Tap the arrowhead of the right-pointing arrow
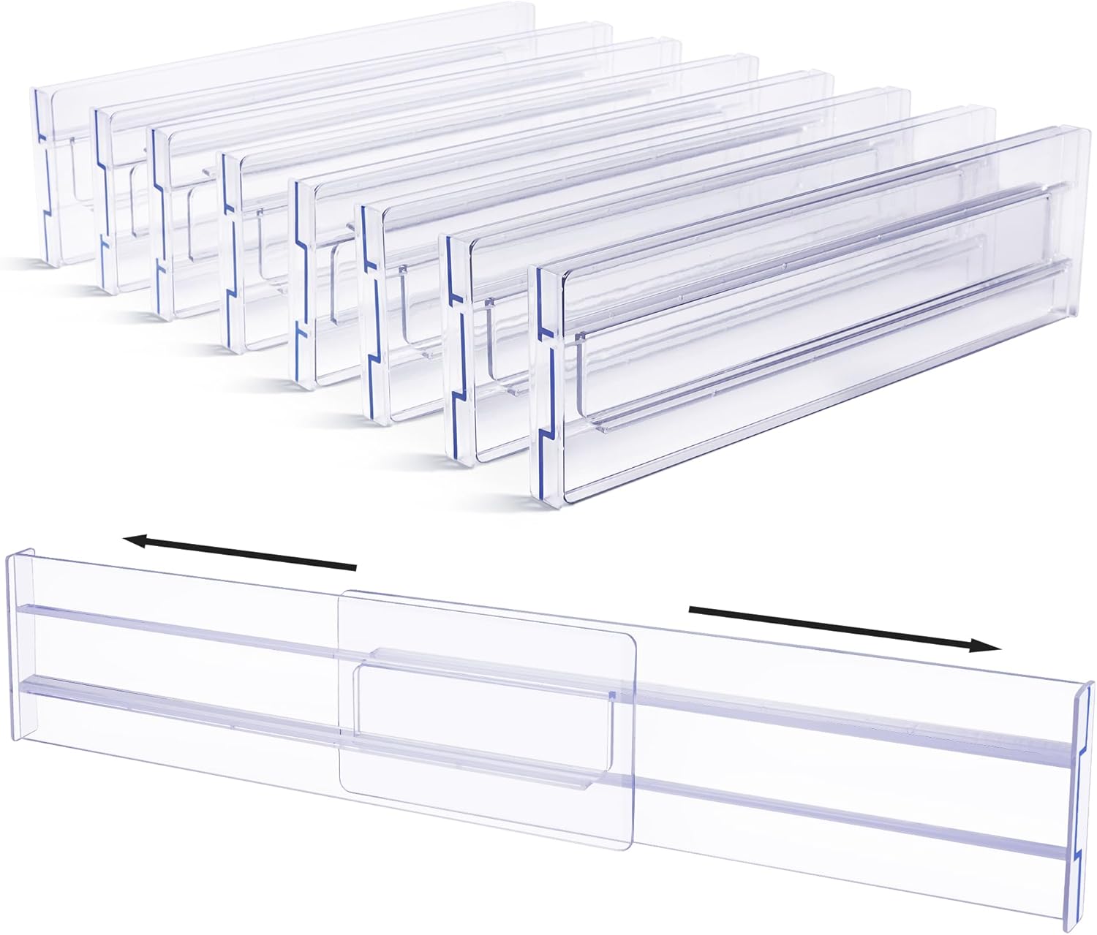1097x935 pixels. tap(987, 646)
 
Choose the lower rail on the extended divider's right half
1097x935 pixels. tap(841, 811)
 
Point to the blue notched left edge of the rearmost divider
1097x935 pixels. tap(39, 175)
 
